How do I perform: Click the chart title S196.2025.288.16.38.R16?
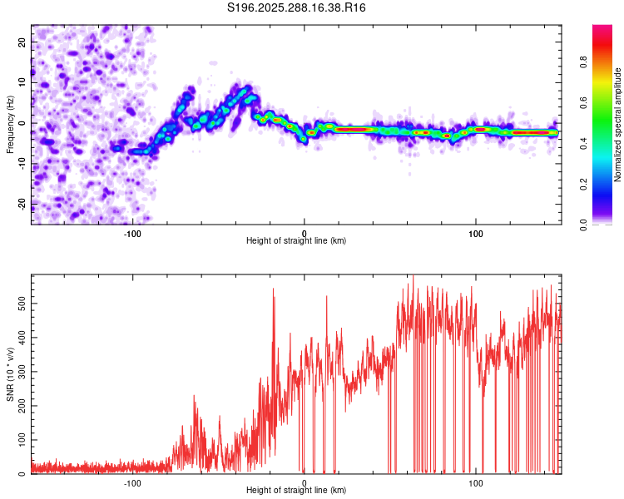[x=296, y=7]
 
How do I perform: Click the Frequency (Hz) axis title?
[x=11, y=125]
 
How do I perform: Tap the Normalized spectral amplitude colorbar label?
[x=618, y=125]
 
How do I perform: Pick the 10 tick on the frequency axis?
[x=22, y=82]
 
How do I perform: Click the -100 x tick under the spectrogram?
[x=132, y=234]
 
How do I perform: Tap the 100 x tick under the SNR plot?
[x=476, y=483]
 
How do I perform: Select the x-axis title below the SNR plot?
[x=296, y=491]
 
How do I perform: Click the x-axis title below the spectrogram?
[x=296, y=241]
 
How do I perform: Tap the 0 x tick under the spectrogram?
[x=305, y=234]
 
